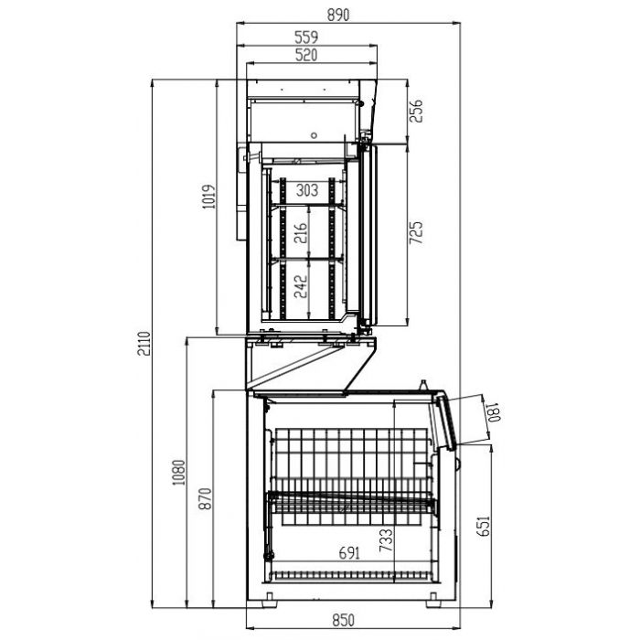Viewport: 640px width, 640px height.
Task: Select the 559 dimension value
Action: pyautogui.click(x=306, y=37)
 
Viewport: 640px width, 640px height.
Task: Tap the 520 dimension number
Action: pyautogui.click(x=306, y=55)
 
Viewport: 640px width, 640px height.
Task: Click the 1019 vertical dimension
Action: pyautogui.click(x=208, y=200)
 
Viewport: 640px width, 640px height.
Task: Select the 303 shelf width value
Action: pyautogui.click(x=306, y=190)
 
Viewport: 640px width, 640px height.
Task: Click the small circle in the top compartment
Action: pyautogui.click(x=314, y=135)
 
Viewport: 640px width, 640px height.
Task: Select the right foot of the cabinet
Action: pyautogui.click(x=429, y=600)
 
